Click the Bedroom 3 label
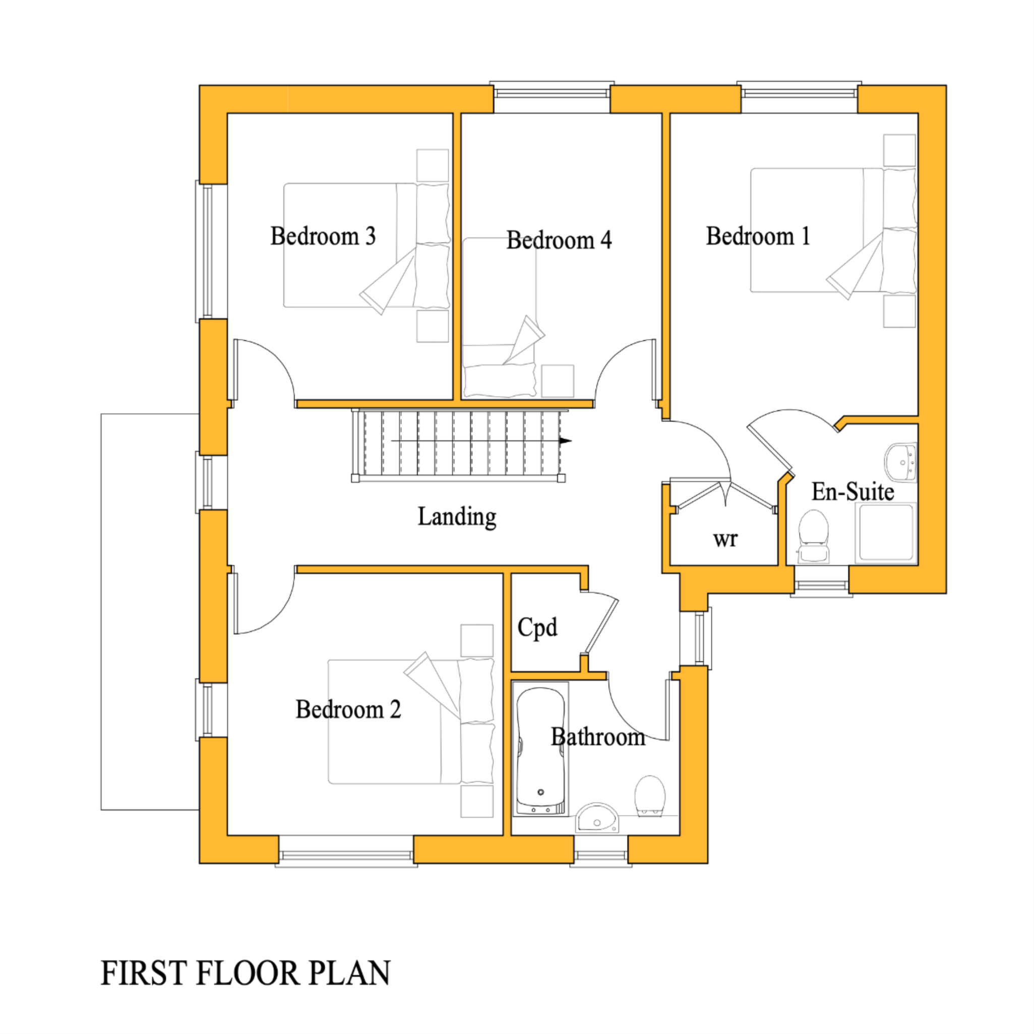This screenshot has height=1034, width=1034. click(x=323, y=236)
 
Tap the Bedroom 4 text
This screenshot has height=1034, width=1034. click(x=559, y=240)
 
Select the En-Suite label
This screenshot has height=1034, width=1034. click(x=853, y=492)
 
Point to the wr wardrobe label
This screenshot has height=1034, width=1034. click(x=725, y=539)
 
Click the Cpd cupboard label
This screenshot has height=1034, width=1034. click(x=537, y=627)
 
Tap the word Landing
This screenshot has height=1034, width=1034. click(x=457, y=517)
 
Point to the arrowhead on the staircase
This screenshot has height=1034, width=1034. click(x=565, y=441)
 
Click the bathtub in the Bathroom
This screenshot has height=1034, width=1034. click(x=540, y=749)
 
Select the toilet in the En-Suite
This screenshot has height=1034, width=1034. click(x=813, y=535)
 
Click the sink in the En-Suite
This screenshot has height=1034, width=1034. click(x=901, y=462)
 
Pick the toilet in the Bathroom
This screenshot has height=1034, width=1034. click(x=650, y=796)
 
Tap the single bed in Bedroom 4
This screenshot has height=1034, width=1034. click(x=499, y=321)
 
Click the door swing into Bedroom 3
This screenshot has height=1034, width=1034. click(x=262, y=369)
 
